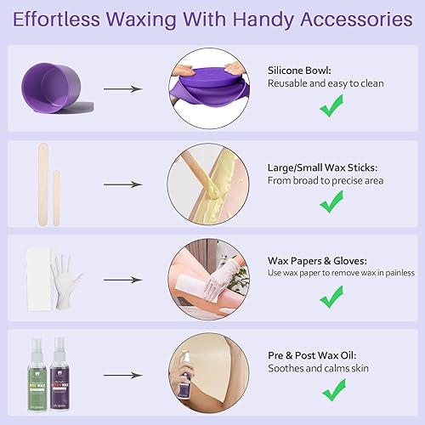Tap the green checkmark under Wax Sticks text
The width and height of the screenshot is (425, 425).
(x=331, y=201)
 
